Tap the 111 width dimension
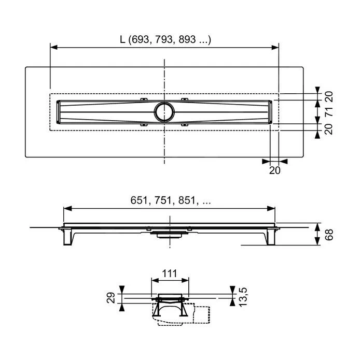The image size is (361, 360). coord(169,273)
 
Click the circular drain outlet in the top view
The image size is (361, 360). coord(164,110)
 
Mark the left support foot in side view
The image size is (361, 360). coord(68,237)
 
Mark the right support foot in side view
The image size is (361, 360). coord(270,237)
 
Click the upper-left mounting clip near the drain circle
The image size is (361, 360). coord(144,99)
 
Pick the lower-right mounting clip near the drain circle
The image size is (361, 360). coord(184,124)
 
